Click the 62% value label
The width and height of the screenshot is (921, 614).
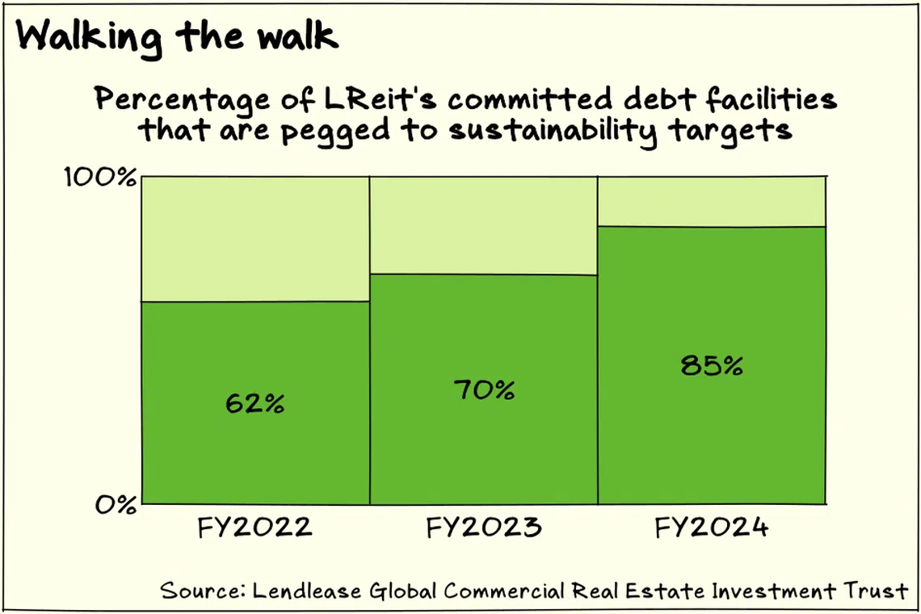[254, 403]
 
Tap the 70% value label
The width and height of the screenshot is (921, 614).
[484, 391]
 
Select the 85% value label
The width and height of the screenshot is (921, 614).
[712, 366]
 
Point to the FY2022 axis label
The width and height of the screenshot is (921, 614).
[255, 528]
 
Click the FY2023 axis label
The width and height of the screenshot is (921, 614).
[484, 528]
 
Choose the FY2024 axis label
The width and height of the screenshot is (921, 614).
[712, 528]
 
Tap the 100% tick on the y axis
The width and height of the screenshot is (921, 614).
[100, 177]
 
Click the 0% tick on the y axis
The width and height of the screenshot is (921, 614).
[116, 506]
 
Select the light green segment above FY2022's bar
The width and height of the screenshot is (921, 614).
[255, 238]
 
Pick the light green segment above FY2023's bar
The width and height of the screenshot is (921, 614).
[484, 225]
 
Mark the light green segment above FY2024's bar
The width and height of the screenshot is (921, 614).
[712, 201]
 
